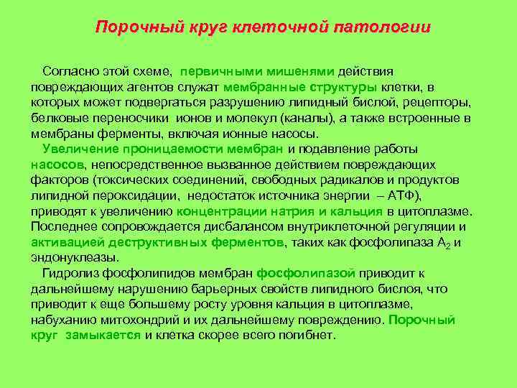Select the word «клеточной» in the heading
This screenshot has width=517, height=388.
point(284,28)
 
